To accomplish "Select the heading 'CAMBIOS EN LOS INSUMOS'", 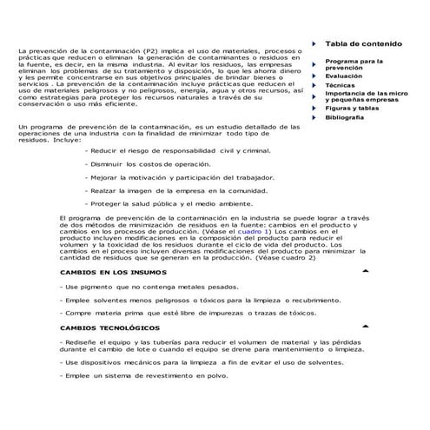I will pyautogui.click(x=114, y=272).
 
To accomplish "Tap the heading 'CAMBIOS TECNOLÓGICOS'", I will pyautogui.click(x=110, y=327).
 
